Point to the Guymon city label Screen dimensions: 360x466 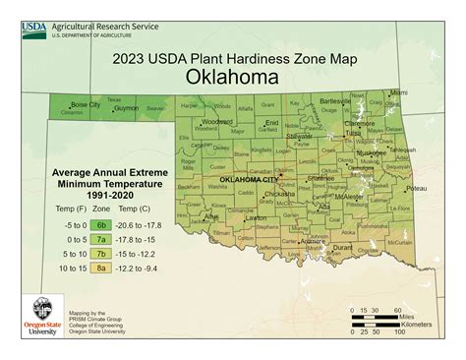point(127,109)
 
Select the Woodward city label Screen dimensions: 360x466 point(216,122)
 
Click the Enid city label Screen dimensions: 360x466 point(272,123)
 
